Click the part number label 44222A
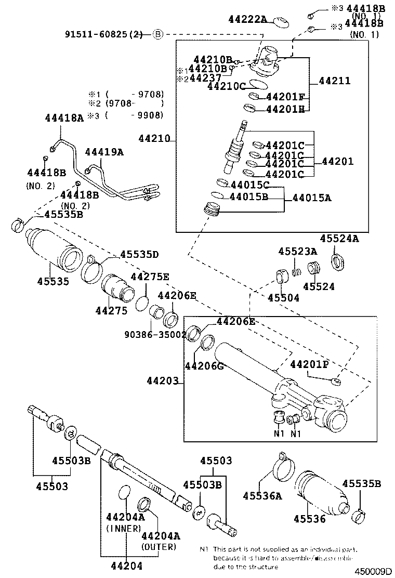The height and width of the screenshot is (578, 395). tap(247, 20)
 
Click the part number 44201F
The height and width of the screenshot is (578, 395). tap(285, 97)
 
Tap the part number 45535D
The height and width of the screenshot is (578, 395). tap(139, 255)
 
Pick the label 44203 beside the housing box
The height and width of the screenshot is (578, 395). tap(161, 384)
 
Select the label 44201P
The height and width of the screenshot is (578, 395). tap(309, 364)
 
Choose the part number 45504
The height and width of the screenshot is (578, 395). tap(283, 298)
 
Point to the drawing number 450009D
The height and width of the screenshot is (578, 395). tap(373, 571)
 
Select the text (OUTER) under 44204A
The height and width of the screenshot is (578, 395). tap(159, 547)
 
